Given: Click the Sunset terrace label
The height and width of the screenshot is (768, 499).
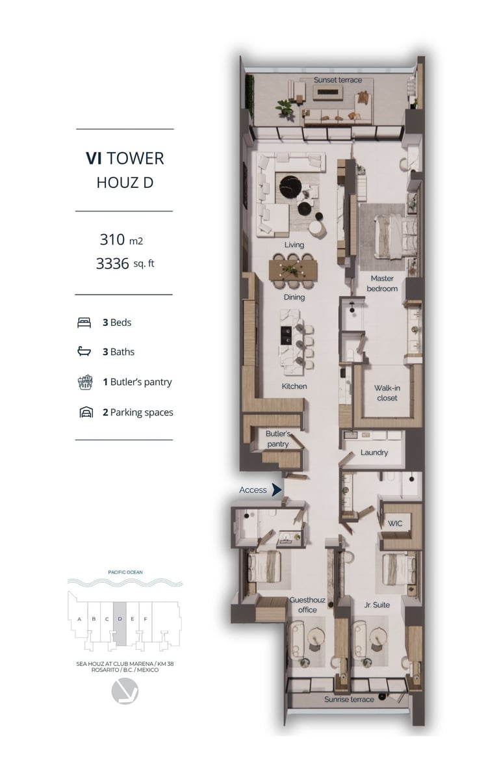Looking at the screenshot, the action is [338, 80].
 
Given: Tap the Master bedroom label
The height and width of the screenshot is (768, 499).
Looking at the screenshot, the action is [382, 284].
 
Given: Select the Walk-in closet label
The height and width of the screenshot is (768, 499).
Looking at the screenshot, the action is [387, 393].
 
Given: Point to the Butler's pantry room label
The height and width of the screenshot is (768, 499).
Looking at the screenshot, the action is [278, 439].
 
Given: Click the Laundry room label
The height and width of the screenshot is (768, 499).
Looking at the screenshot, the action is [374, 453].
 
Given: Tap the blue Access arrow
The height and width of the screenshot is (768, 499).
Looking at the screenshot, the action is [277, 489].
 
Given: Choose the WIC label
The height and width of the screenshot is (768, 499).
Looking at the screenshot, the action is [395, 523].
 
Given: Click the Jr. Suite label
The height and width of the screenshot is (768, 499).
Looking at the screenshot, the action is [377, 605].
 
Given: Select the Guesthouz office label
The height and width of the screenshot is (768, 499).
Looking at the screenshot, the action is [307, 605].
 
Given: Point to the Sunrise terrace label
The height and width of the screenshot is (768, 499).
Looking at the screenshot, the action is [349, 700].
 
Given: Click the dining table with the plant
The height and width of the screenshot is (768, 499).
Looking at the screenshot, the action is [293, 271].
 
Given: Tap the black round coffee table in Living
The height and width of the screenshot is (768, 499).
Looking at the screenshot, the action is [290, 186].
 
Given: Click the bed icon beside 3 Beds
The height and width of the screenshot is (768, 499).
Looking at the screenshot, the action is [84, 323].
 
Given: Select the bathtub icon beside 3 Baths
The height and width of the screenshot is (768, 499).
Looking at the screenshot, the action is [84, 351].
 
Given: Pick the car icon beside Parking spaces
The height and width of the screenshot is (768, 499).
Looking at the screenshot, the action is [86, 412].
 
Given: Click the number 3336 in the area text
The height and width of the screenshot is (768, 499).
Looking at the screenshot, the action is [112, 263].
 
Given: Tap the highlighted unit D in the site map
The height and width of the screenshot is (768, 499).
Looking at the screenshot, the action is [120, 622].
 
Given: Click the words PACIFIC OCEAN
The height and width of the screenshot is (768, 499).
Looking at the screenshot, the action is [125, 572].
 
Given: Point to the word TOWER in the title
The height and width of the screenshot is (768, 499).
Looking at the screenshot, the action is [136, 158].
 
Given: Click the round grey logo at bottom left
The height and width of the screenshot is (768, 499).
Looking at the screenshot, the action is [125, 691].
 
